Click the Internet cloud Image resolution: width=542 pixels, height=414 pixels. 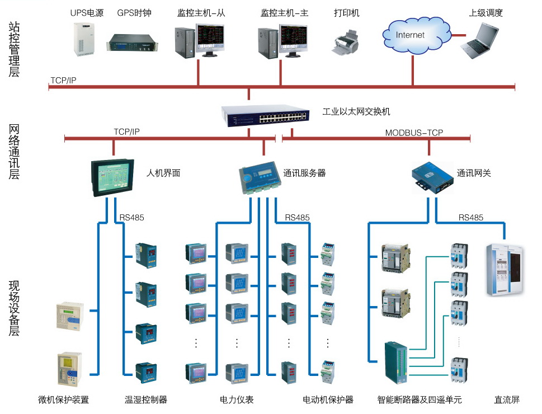[x=411, y=35]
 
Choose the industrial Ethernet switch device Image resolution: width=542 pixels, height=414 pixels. [x=265, y=116]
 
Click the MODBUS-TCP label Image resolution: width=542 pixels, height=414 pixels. [x=414, y=133]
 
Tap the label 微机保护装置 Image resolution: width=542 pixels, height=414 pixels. [x=63, y=399]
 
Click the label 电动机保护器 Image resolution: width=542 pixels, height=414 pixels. [x=328, y=399]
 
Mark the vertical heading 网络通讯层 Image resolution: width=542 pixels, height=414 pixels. [x=14, y=152]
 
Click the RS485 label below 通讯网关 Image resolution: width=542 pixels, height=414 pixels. [x=470, y=218]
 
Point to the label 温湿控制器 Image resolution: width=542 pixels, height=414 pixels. [x=145, y=399]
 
